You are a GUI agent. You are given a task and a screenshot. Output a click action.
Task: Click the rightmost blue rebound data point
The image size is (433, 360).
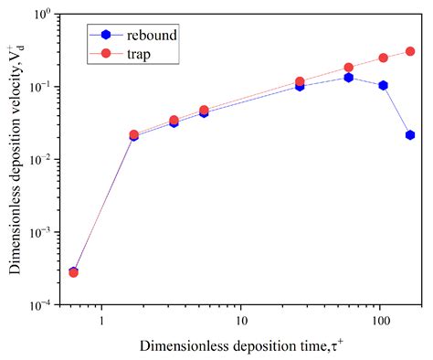point(410,135)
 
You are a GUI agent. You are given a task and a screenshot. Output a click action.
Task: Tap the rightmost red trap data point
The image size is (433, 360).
point(410,52)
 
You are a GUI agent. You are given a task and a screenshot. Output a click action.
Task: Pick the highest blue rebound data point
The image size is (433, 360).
point(348,78)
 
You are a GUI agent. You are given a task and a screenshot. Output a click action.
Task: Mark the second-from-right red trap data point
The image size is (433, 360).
point(384,58)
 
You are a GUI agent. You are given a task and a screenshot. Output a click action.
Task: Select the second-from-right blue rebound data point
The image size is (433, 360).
point(384,86)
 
